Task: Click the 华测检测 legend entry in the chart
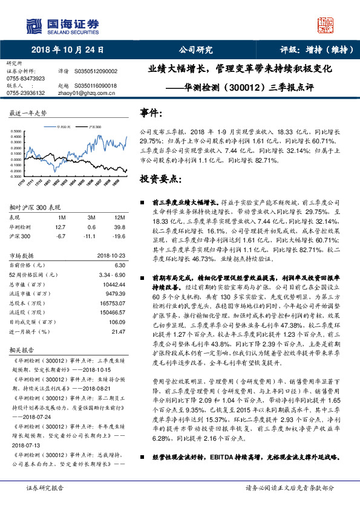64,128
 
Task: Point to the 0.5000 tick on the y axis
17,132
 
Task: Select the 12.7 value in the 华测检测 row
59,227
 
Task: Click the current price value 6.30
119,265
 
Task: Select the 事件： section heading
151,113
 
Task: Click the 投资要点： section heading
160,180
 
